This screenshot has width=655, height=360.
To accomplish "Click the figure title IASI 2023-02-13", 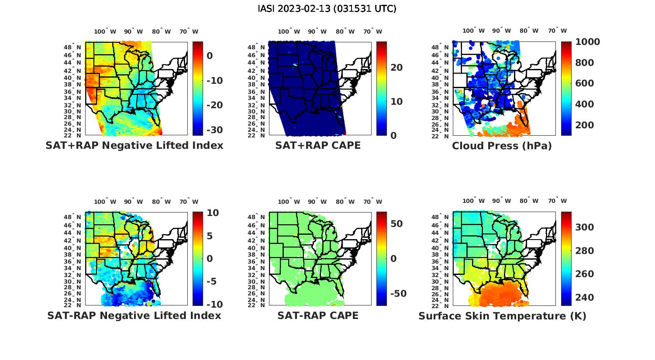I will [327, 9].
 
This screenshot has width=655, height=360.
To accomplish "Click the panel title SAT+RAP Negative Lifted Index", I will [134, 145].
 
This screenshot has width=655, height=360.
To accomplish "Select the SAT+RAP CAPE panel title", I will [318, 145].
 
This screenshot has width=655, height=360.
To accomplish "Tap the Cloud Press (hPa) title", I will [502, 146].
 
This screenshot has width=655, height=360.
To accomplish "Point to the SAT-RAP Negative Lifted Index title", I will [134, 315].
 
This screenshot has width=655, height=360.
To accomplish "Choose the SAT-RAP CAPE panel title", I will [318, 315].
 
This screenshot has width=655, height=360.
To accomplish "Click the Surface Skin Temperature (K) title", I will [502, 316].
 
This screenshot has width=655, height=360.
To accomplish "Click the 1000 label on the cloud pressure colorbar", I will [587, 42].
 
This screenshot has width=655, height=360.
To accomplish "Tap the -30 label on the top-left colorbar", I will [214, 130].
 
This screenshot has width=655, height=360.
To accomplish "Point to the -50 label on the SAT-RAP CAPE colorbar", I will [398, 294].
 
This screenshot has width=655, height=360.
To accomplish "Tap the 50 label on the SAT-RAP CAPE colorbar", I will [396, 224].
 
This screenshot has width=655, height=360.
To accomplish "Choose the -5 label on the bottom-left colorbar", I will [211, 281].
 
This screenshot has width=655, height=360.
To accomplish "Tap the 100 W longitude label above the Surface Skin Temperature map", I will [474, 201].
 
